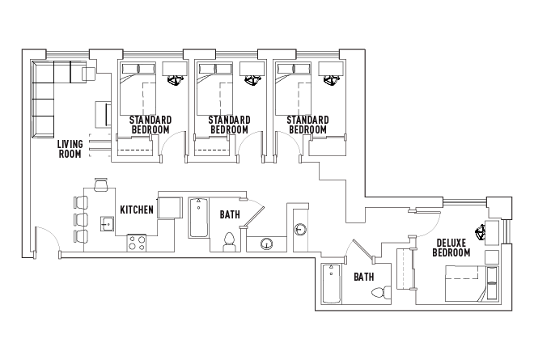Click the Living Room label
70,149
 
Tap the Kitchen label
137,210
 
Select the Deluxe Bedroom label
451,248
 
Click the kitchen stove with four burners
137,243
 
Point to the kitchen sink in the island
108,224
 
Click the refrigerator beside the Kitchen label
170,207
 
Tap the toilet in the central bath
229,242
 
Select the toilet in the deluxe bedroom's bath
381,293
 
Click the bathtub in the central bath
198,218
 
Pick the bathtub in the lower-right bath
331,283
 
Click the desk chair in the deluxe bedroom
481,232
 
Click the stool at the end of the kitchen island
101,184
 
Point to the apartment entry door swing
48,240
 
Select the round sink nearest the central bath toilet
266,244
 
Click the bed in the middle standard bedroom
215,89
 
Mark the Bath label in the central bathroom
230,214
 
